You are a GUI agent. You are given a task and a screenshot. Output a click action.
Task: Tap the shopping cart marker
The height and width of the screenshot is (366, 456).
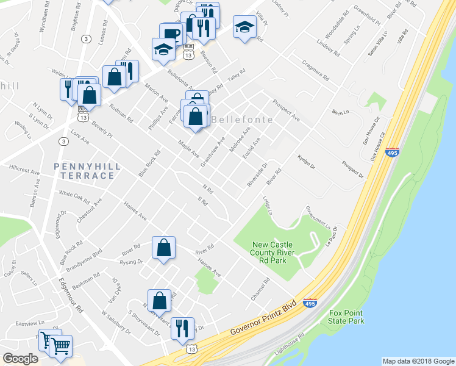pyautogui.click(x=61, y=346)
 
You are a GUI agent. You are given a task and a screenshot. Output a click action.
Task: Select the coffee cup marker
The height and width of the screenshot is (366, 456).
pyautogui.click(x=171, y=34)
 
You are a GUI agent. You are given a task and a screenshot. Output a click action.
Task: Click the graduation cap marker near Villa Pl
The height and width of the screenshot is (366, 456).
pyautogui.click(x=245, y=27)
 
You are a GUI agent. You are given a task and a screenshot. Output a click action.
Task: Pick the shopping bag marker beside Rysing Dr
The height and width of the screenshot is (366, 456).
pyautogui.click(x=163, y=248)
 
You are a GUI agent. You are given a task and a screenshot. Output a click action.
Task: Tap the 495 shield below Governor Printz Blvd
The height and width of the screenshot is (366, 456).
pyautogui.click(x=310, y=303)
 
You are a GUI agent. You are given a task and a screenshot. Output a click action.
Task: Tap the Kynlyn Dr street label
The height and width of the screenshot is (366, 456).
pyautogui.click(x=305, y=163)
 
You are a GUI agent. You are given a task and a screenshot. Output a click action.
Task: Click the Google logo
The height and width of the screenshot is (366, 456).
pyautogui.click(x=20, y=359)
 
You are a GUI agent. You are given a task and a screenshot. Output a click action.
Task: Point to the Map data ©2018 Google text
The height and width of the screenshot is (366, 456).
pyautogui.click(x=418, y=361)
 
